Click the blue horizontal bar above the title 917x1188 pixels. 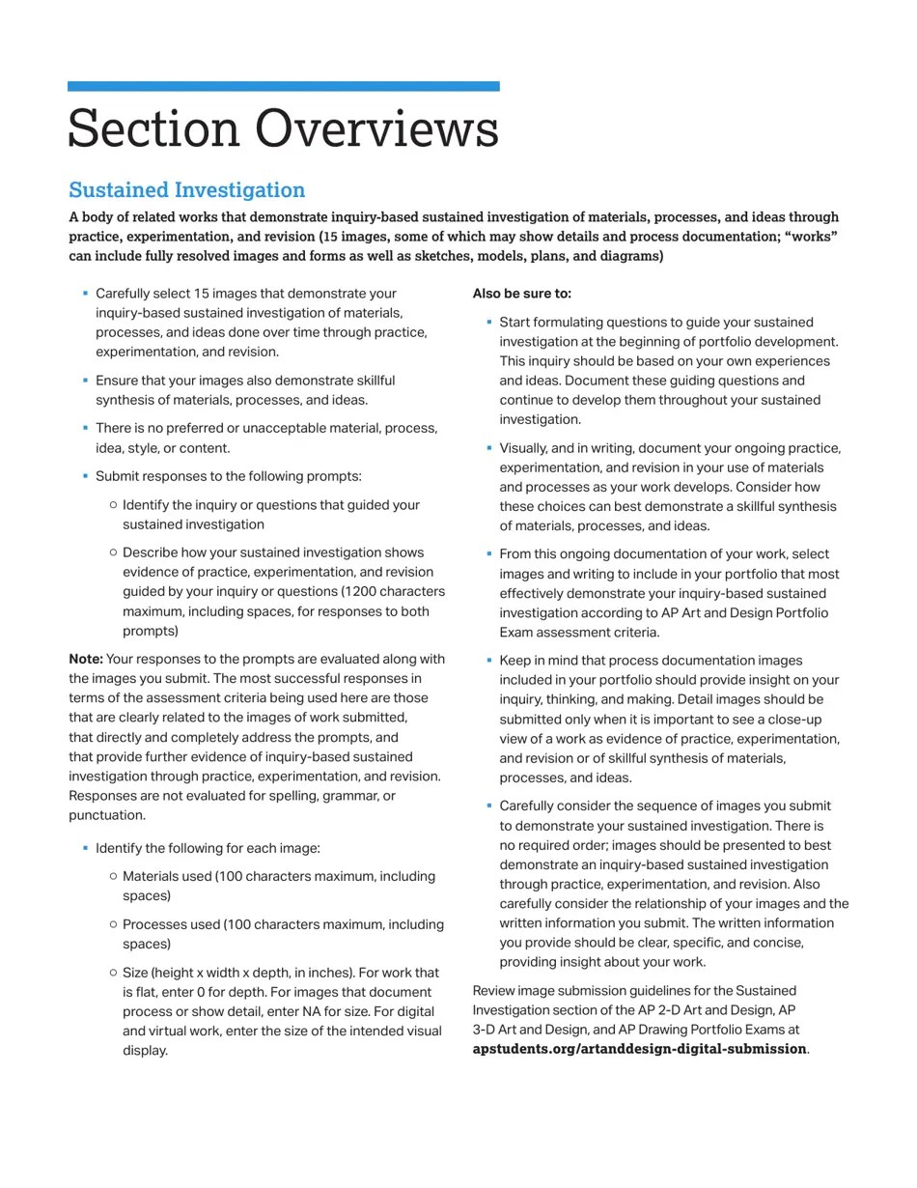pos(283,87)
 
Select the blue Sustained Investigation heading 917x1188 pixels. pos(186,190)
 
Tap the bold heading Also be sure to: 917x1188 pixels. pos(521,294)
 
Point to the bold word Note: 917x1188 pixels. pos(85,660)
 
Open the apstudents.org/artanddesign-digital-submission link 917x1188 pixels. pos(639,1049)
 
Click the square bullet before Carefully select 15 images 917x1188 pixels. pos(85,293)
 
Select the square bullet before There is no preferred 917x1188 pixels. pos(85,427)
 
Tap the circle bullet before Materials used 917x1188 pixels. pos(113,876)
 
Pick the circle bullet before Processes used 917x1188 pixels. pos(113,924)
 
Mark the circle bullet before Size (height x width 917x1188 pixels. pos(113,973)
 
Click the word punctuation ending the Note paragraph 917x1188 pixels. pos(106,815)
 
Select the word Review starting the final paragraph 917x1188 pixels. pos(494,991)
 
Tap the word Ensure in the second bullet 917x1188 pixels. pos(118,381)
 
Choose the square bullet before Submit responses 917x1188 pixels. pos(85,475)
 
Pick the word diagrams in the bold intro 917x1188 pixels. pos(629,256)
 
